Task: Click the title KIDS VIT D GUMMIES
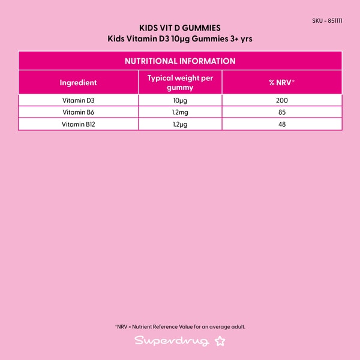tap(180, 28)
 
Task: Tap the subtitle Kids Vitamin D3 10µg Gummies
tap(180, 40)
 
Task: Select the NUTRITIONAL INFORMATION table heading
tap(180, 61)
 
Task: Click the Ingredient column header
tap(78, 83)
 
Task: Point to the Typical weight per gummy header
tap(180, 83)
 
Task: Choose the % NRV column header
tap(282, 83)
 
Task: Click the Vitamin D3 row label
tap(78, 100)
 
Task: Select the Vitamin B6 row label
tap(78, 112)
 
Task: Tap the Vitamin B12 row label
tap(78, 124)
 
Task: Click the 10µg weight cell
tap(180, 100)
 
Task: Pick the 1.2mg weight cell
tap(180, 112)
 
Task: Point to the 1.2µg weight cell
tap(180, 124)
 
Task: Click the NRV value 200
tap(282, 100)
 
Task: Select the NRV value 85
tap(282, 112)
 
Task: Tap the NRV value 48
tap(282, 124)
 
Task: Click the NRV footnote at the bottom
tap(180, 327)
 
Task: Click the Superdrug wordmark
tap(172, 341)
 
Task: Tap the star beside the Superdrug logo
tap(220, 341)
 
